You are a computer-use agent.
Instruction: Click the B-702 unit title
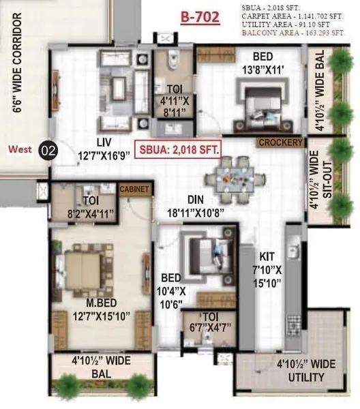(x=200, y=18)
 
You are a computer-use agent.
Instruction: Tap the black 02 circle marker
(x=48, y=151)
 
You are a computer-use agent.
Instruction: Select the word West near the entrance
(x=20, y=149)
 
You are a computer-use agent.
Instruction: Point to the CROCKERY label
(x=281, y=142)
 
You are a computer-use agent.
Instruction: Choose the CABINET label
(x=134, y=189)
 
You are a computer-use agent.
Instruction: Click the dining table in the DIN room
(x=235, y=180)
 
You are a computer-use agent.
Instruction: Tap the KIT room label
(x=267, y=257)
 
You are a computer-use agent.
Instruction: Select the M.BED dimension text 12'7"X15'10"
(x=101, y=317)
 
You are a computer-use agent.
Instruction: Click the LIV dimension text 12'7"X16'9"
(x=104, y=156)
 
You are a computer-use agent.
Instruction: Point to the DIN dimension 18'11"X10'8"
(x=196, y=213)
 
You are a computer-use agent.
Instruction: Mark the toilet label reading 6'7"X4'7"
(x=210, y=328)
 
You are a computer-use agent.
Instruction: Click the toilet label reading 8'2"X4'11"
(x=91, y=214)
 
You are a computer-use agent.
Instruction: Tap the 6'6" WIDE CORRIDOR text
(x=18, y=63)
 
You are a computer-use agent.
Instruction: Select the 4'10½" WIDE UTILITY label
(x=305, y=370)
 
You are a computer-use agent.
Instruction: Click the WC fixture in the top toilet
(x=172, y=60)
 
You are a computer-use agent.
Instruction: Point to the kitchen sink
(x=293, y=250)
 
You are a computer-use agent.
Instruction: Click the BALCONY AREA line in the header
(x=293, y=33)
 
